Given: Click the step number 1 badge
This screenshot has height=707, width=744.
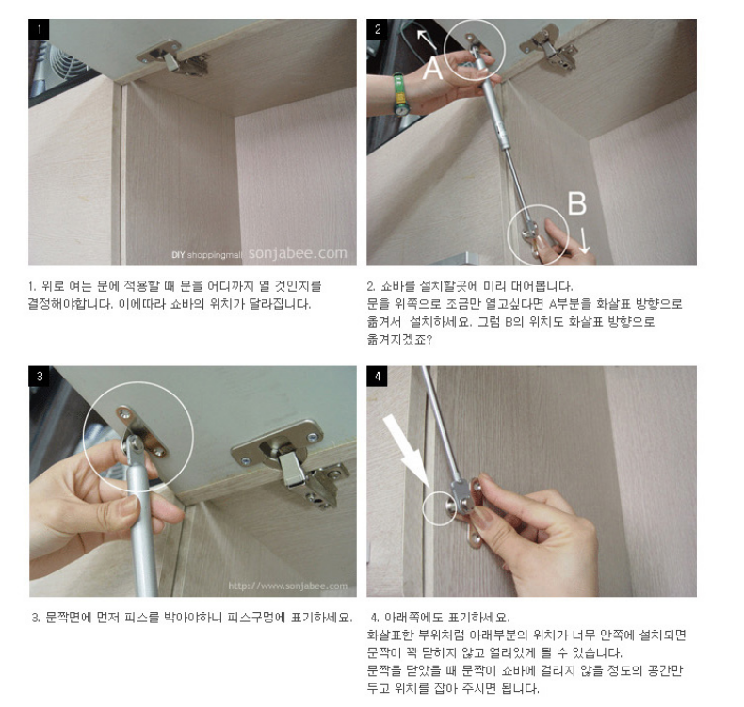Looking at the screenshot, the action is pos(39,29).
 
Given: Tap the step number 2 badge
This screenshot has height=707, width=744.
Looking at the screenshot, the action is pos(378,29).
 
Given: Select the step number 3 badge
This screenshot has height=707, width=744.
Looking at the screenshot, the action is pos(39,376).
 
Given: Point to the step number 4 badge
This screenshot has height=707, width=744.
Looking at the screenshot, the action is pos(378,376).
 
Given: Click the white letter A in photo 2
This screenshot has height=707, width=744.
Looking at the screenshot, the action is pos(432,68).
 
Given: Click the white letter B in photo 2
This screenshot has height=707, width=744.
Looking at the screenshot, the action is pos(577,203).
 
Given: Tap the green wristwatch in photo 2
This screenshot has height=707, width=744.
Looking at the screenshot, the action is pos(401,95).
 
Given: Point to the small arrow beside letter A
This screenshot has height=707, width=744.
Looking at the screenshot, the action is pos(427,40).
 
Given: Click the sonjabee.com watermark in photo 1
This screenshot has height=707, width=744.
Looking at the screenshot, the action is pos(298,252).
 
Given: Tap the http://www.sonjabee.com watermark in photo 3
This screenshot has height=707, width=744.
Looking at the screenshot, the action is pos(287,586).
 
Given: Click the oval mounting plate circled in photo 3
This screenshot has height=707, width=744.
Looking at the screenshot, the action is pos(141,430).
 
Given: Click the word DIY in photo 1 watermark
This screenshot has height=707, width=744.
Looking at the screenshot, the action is pos(178,254).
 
